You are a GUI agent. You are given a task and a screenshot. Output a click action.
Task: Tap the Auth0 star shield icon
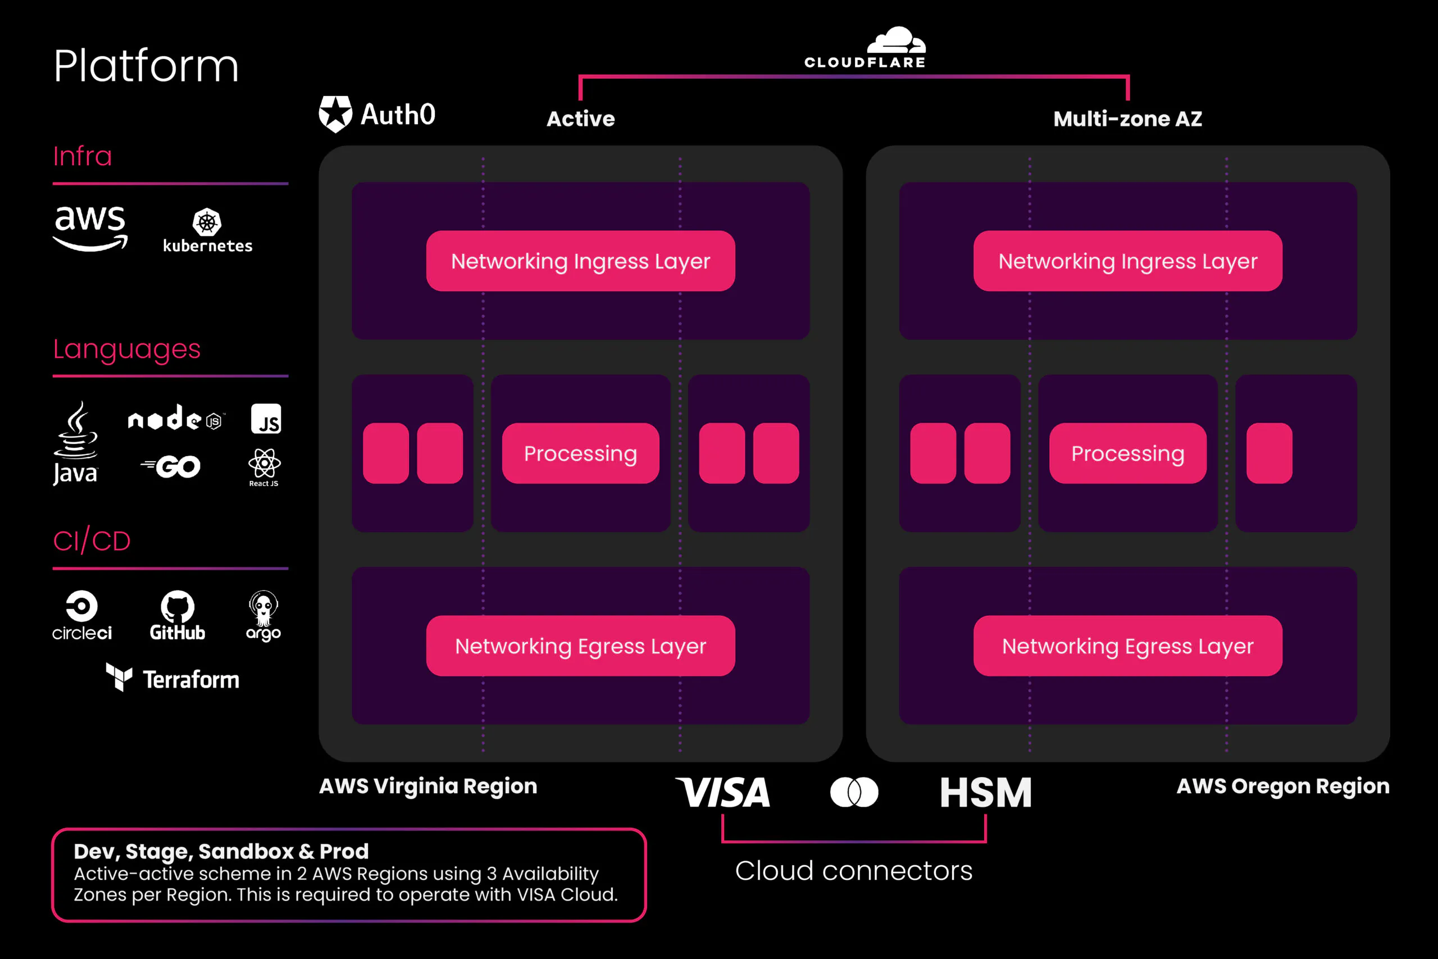click(335, 113)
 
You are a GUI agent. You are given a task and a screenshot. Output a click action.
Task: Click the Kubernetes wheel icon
click(207, 222)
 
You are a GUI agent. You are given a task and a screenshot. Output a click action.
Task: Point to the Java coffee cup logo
click(76, 431)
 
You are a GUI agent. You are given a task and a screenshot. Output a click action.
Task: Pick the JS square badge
click(266, 419)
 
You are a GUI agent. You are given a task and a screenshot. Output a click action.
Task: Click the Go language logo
click(171, 467)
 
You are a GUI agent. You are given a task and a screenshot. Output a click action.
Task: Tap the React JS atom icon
click(264, 463)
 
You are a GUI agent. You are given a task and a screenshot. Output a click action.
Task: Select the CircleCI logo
click(82, 606)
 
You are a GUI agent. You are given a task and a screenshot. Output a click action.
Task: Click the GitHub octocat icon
click(178, 606)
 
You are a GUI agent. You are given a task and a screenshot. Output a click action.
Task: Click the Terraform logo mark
click(119, 677)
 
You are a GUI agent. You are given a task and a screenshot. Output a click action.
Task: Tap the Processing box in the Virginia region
click(580, 453)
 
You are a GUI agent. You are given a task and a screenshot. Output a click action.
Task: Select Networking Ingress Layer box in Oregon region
click(1127, 261)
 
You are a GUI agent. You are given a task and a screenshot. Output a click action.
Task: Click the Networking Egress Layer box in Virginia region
click(580, 646)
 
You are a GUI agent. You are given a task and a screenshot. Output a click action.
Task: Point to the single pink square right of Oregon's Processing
click(1269, 453)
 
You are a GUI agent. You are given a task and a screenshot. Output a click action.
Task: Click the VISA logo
click(723, 793)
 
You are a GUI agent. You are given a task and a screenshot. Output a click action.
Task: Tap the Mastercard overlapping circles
click(854, 793)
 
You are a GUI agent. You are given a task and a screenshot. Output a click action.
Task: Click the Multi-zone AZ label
click(1127, 119)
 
